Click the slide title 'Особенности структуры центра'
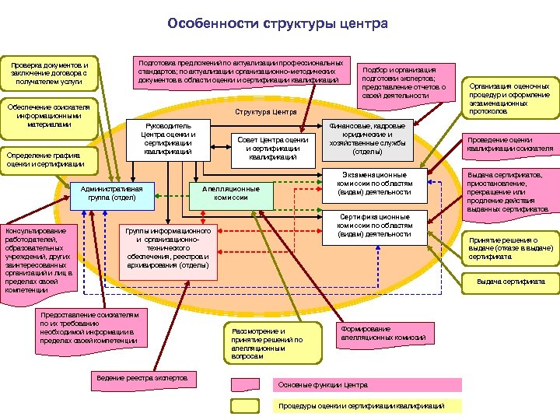click(278, 24)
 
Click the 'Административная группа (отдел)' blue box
click(114, 193)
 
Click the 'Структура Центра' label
click(267, 112)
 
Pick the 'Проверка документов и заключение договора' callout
click(50, 73)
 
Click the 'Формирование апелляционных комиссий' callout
click(383, 333)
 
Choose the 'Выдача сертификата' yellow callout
click(510, 282)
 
